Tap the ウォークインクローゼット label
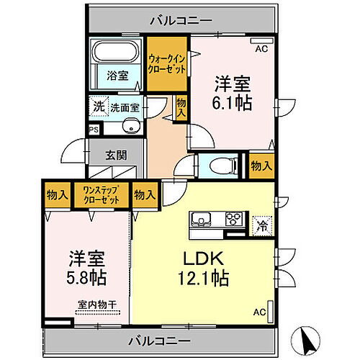point(168,63)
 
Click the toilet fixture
point(218,165)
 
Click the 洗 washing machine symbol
point(96,106)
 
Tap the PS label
point(93,130)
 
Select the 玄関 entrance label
point(116,153)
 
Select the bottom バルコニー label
point(160,340)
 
